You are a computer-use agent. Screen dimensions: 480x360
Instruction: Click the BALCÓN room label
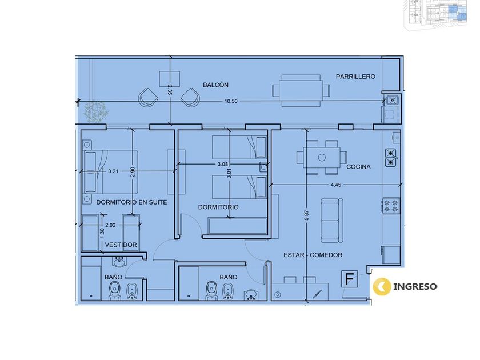(x=215, y=85)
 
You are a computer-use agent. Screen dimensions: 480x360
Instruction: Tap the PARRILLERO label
(x=355, y=77)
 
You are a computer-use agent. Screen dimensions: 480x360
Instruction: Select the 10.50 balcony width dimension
(x=231, y=101)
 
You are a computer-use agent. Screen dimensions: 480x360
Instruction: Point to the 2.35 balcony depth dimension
(x=170, y=90)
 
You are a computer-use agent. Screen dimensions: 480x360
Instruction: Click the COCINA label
(x=358, y=167)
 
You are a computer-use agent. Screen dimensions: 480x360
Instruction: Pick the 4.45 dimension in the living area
(x=335, y=185)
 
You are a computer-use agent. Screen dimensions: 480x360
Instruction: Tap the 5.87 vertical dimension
(x=306, y=215)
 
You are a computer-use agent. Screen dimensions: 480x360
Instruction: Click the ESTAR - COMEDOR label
(x=313, y=255)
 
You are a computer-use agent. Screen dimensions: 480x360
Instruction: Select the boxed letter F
(x=350, y=279)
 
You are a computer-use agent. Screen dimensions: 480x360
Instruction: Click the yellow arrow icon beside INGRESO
(x=382, y=286)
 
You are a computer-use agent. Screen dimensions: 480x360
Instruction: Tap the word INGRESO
(x=415, y=287)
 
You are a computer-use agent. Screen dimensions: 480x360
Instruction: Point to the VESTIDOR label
(x=121, y=245)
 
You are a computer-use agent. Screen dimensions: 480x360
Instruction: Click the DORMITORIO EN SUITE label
(x=131, y=202)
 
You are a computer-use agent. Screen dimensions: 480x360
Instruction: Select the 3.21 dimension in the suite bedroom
(x=113, y=171)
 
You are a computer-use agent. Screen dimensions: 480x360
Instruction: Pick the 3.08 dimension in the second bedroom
(x=222, y=164)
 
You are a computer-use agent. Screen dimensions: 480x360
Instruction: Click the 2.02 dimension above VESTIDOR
(x=110, y=225)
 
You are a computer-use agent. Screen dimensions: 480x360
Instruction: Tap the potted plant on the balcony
(x=96, y=112)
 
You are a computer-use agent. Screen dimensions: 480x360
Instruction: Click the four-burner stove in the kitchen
(x=391, y=206)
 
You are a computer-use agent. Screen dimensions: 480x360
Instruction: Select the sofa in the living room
(x=331, y=221)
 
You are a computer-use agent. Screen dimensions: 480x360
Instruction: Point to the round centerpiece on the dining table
(x=322, y=158)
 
